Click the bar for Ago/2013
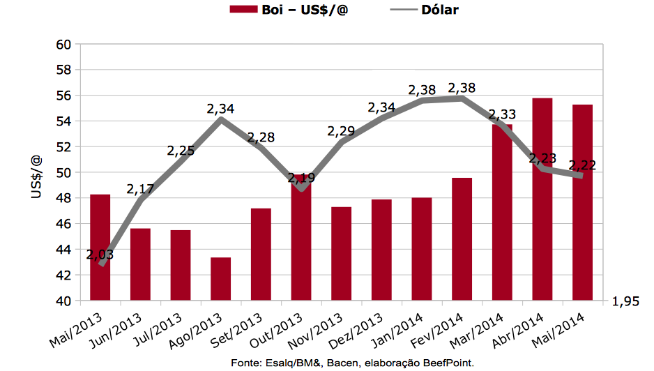(221, 279)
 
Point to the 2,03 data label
(100, 255)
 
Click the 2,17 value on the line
(140, 189)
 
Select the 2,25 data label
(181, 151)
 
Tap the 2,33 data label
(502, 115)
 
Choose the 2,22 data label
(582, 165)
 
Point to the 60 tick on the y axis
(63, 45)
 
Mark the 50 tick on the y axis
(63, 172)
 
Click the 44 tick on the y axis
(63, 250)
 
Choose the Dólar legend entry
(440, 10)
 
